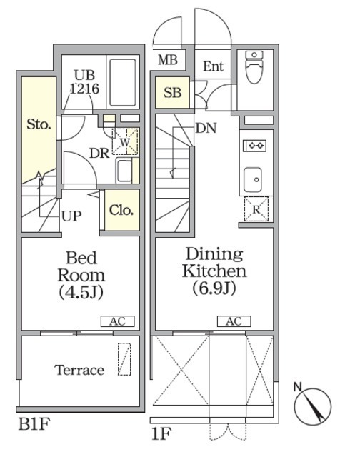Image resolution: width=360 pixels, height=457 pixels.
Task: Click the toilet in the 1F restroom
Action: [254, 66]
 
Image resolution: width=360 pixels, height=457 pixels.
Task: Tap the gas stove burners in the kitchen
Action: [254, 145]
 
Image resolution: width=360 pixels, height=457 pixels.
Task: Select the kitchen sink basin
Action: [252, 179]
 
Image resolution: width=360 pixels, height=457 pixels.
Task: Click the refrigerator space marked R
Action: [256, 209]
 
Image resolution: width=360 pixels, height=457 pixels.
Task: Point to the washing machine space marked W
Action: [125, 141]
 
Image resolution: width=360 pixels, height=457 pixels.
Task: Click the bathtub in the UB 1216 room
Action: [123, 83]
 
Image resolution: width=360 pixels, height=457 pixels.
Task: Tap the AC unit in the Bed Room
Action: [117, 321]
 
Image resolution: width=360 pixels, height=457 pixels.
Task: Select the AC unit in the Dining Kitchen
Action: [234, 321]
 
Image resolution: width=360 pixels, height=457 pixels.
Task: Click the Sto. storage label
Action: [39, 124]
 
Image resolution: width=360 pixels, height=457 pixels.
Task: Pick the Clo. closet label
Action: [121, 210]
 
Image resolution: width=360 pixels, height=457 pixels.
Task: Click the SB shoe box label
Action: [173, 92]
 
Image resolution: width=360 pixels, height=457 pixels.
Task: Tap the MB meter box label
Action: [168, 60]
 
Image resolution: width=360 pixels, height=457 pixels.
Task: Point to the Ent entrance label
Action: [213, 66]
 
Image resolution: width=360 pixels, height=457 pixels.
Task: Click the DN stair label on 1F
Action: [206, 128]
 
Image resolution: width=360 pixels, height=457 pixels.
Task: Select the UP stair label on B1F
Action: [71, 216]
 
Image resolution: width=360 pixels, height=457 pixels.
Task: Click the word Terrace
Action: [79, 370]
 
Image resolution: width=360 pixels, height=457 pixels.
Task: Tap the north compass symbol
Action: [312, 404]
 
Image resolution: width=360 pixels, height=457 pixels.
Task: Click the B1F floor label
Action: [34, 423]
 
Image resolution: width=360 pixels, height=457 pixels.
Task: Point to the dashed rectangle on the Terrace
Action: [124, 359]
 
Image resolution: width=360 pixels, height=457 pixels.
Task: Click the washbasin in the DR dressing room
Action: [124, 171]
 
